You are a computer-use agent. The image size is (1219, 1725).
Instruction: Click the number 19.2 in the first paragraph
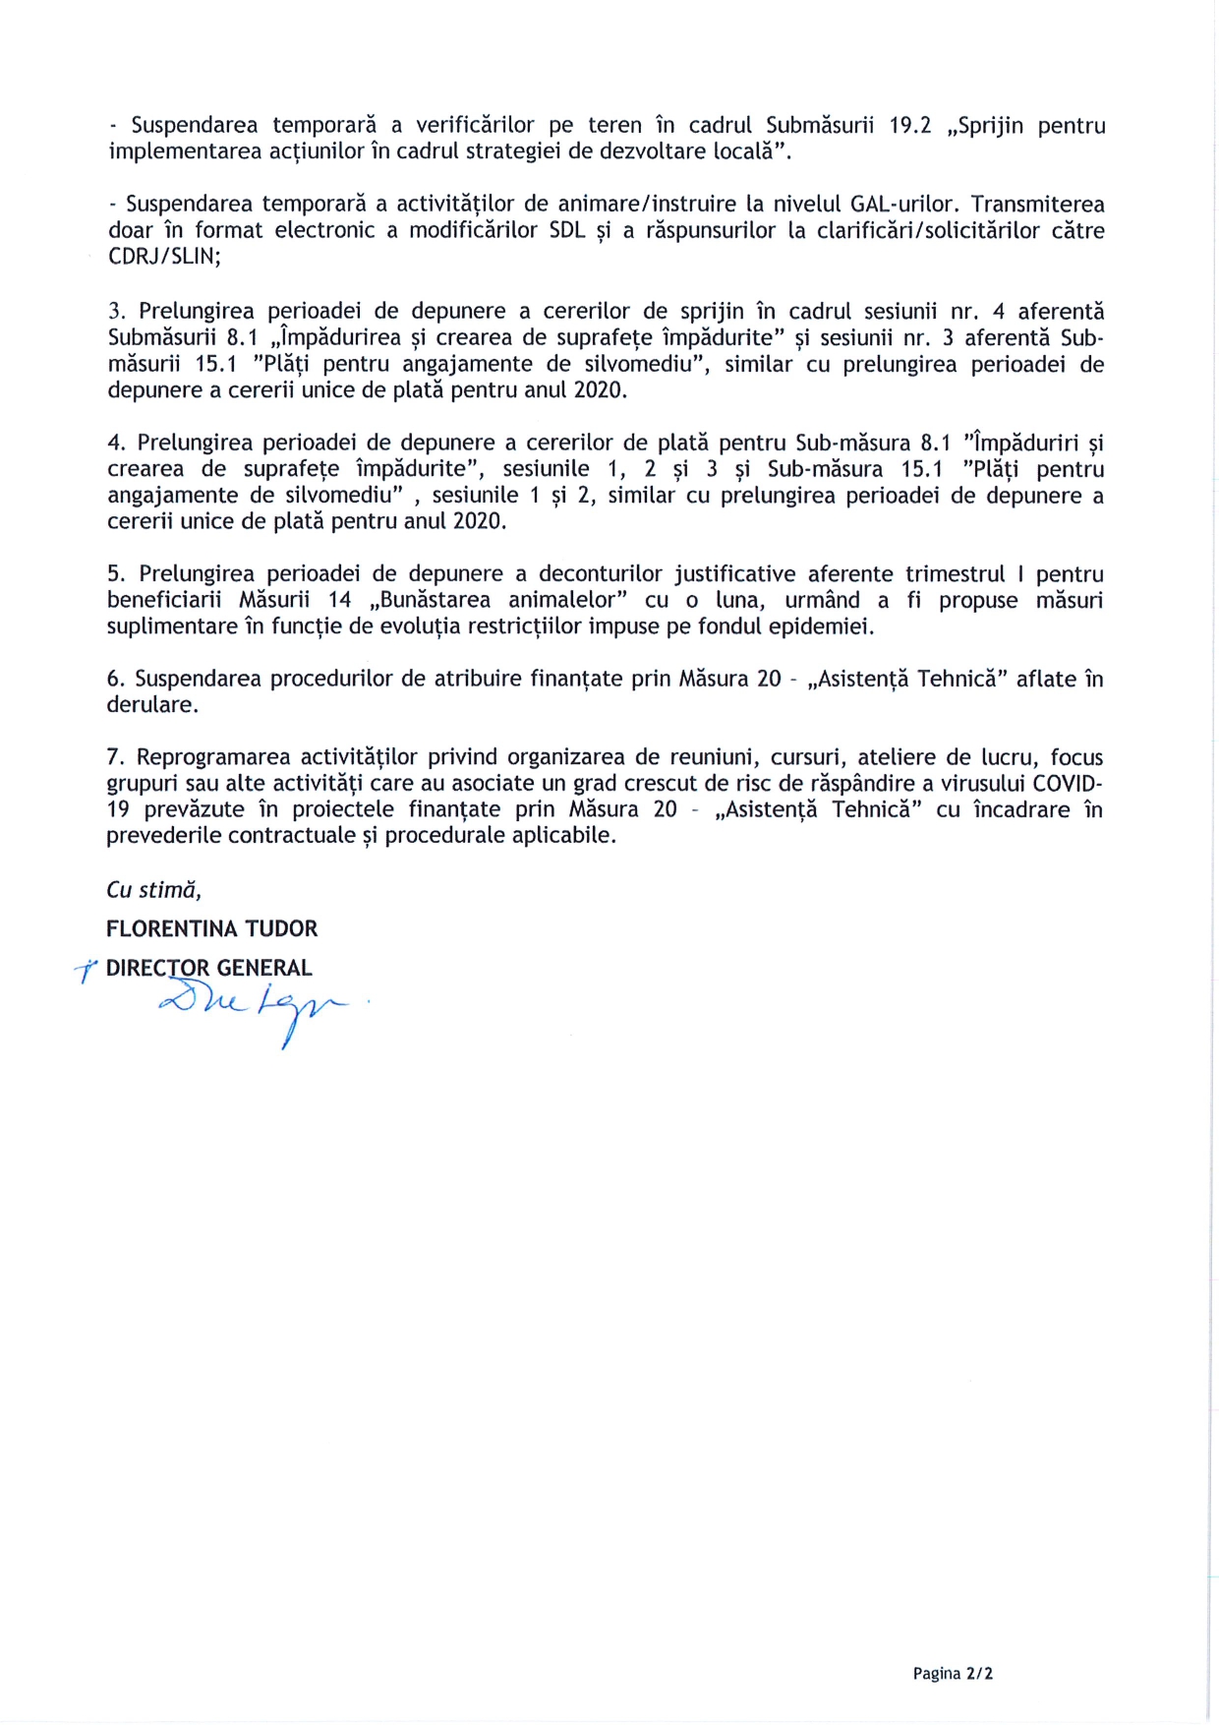click(909, 126)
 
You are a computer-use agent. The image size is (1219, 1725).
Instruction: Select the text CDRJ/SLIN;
click(164, 257)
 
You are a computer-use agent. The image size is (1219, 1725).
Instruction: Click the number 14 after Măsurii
click(339, 600)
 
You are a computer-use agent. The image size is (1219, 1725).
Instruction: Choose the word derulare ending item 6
click(151, 705)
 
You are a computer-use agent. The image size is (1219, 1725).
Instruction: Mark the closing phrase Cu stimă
click(153, 890)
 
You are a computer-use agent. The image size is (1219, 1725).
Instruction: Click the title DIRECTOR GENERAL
click(208, 969)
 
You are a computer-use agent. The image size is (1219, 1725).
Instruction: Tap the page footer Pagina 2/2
click(952, 1674)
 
